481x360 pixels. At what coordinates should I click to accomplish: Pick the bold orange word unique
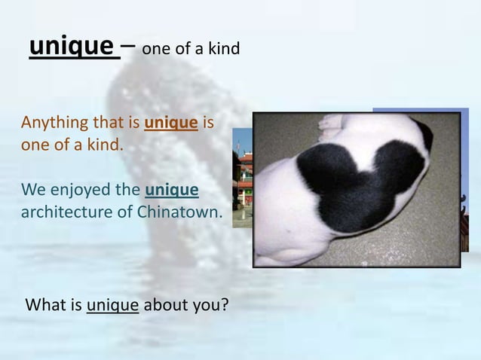click(x=171, y=122)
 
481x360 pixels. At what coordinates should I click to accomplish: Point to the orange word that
click(x=106, y=122)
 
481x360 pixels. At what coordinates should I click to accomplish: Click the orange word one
click(x=35, y=145)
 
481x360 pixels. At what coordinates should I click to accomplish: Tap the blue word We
click(x=33, y=188)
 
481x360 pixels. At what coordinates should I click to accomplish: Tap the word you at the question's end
click(x=211, y=307)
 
